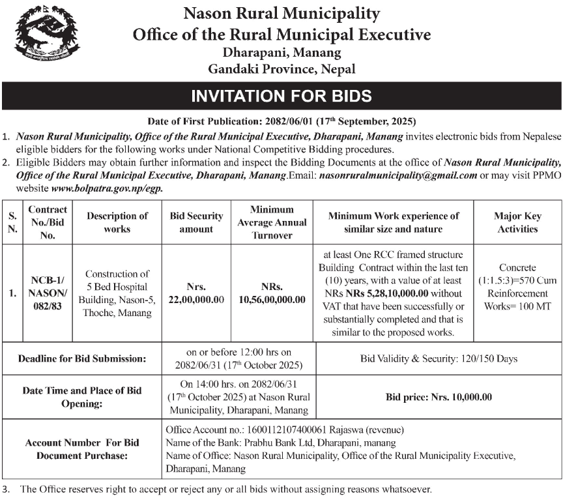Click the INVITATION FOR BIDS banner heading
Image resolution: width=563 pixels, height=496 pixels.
281,97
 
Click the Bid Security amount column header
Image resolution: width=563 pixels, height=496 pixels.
196,222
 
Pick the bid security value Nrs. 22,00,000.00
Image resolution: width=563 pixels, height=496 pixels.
196,293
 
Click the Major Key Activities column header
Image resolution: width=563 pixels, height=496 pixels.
517,222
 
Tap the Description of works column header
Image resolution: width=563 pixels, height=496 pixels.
117,222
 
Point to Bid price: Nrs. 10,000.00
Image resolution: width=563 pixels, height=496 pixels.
439,396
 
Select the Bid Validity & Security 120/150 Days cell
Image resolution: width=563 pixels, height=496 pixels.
439,358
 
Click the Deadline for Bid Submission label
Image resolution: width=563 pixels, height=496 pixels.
82,358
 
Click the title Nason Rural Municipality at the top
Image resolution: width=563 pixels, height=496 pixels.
281,13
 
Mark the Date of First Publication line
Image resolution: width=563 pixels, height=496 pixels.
281,121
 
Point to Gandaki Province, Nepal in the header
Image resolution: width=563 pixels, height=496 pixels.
281,68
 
